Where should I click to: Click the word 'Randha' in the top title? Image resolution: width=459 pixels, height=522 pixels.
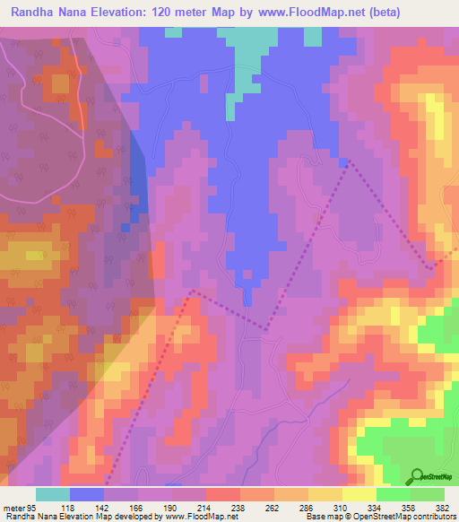(37, 13)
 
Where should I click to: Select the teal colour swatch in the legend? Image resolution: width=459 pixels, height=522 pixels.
(53, 494)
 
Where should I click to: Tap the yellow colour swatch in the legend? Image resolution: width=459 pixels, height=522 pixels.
(359, 494)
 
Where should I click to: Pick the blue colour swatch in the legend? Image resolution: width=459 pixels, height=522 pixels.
(87, 494)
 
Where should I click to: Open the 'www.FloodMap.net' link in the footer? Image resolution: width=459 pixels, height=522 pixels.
(193, 517)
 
